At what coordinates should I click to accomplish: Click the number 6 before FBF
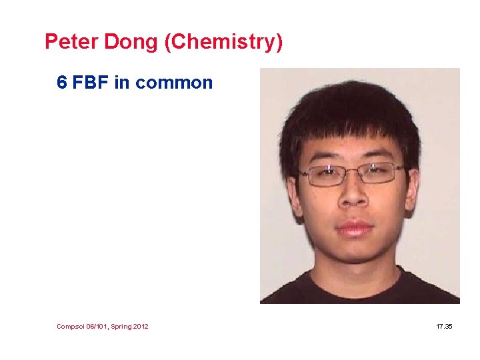click(62, 83)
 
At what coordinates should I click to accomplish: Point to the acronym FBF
click(91, 83)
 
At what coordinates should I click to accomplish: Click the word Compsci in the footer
click(70, 326)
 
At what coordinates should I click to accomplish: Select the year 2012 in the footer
click(139, 326)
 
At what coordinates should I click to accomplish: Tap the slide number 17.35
click(444, 326)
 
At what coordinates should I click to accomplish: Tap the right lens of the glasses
click(381, 173)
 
